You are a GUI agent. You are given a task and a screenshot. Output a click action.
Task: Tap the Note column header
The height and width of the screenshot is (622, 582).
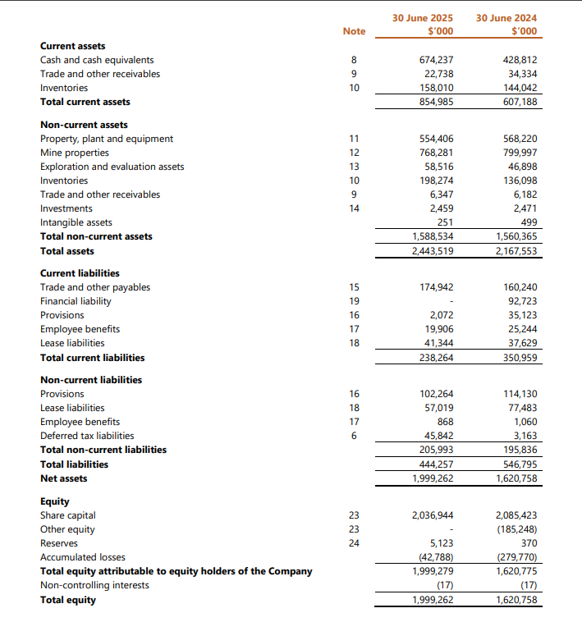pos(354,31)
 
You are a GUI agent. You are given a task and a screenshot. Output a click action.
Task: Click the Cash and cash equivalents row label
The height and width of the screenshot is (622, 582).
pos(97,60)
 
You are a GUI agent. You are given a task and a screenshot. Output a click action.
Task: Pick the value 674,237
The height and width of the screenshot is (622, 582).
pos(436,60)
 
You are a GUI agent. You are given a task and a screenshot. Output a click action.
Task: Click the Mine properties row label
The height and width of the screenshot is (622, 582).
pos(75,153)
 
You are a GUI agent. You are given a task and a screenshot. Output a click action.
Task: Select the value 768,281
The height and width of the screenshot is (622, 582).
pos(436,153)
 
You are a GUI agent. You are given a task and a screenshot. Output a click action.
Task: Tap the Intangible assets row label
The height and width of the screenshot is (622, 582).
pos(76,222)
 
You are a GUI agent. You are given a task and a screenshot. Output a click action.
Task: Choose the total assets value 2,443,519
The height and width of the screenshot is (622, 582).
pos(433,251)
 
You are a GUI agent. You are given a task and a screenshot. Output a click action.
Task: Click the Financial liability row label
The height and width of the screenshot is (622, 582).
pos(76,301)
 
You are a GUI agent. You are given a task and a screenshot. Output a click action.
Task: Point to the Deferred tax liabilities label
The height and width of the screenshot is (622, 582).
pos(87,436)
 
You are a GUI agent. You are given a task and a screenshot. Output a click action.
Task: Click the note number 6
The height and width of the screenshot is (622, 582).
pos(354,436)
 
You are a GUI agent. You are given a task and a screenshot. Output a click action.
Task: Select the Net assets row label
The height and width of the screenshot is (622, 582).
pos(63,478)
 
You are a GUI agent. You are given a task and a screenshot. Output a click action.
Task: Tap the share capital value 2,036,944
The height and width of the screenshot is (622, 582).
pos(433,515)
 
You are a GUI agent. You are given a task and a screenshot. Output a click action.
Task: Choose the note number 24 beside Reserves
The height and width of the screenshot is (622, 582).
pos(354,543)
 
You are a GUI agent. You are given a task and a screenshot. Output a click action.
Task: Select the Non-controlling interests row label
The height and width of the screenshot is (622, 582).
pos(94,585)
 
